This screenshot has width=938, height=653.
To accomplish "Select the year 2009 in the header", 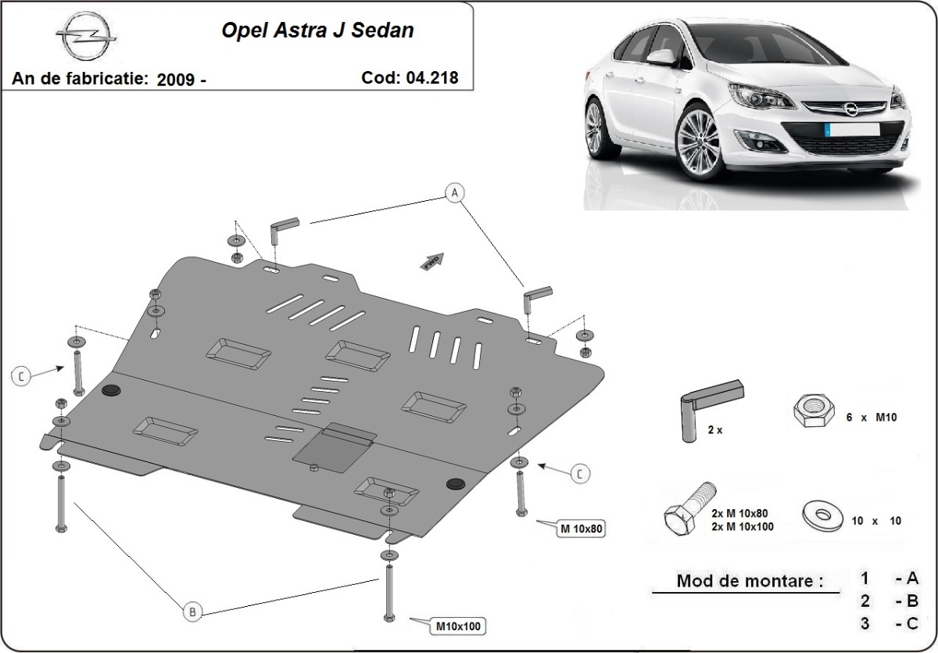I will coord(176,79).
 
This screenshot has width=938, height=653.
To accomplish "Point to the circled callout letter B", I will coord(192,612).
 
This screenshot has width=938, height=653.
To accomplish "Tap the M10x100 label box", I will coord(457,625).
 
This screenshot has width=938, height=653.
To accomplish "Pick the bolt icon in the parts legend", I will coord(688,508).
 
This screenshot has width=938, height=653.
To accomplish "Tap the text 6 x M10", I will coord(872,417).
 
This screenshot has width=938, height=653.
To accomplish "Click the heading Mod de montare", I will coord(750,581).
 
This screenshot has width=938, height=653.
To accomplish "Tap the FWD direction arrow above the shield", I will coord(432,261).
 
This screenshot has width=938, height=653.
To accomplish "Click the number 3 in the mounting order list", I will coord(865,623).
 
